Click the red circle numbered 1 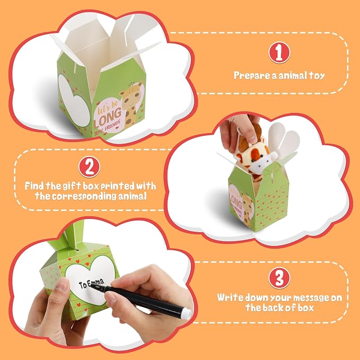(x=279, y=52)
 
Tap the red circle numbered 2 (x=89, y=167)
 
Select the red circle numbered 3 (x=279, y=278)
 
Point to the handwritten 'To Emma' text (x=91, y=284)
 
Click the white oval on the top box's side (x=73, y=100)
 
